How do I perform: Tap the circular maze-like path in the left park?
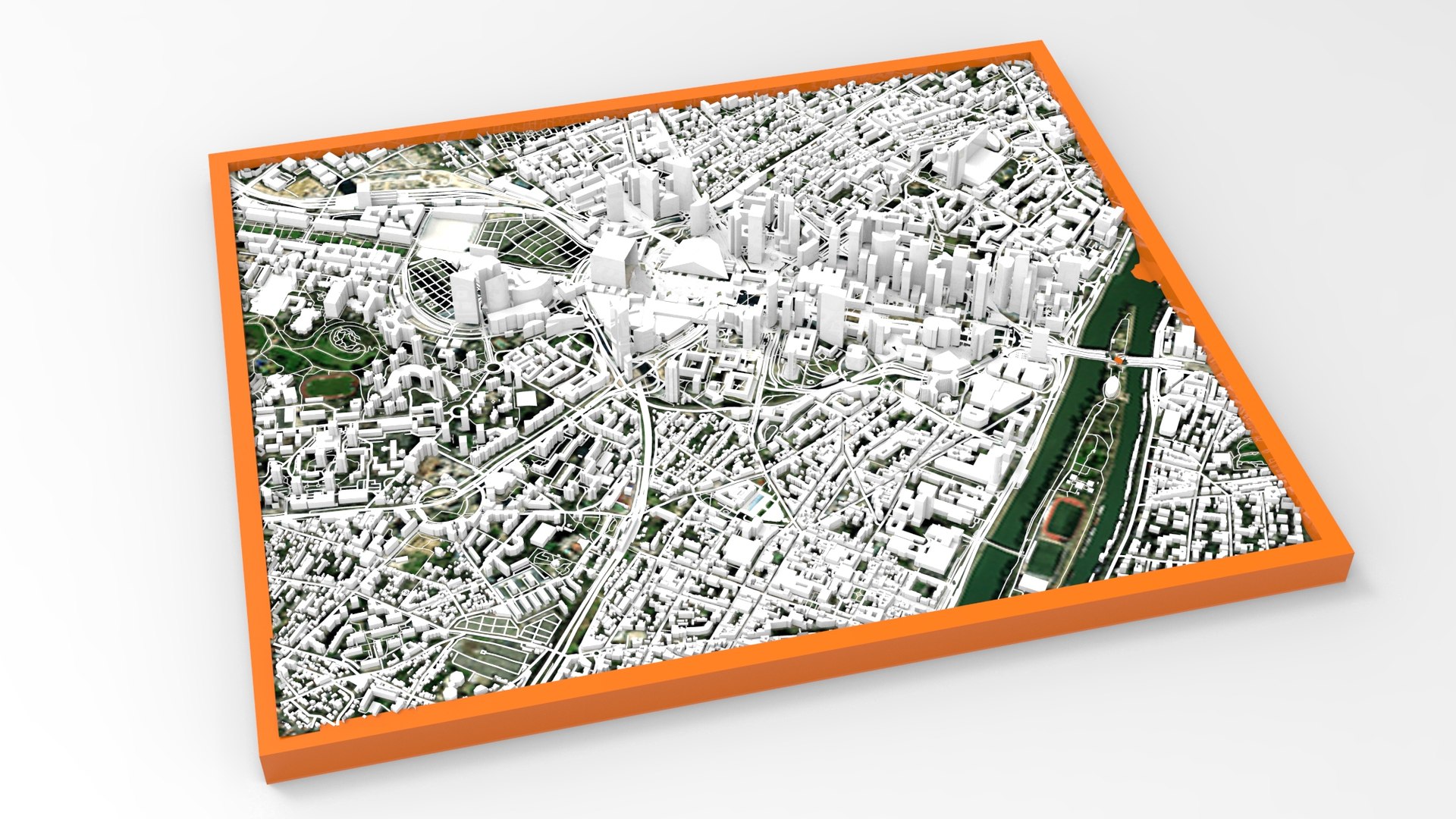(348, 338)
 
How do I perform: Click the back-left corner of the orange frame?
(212, 156)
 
